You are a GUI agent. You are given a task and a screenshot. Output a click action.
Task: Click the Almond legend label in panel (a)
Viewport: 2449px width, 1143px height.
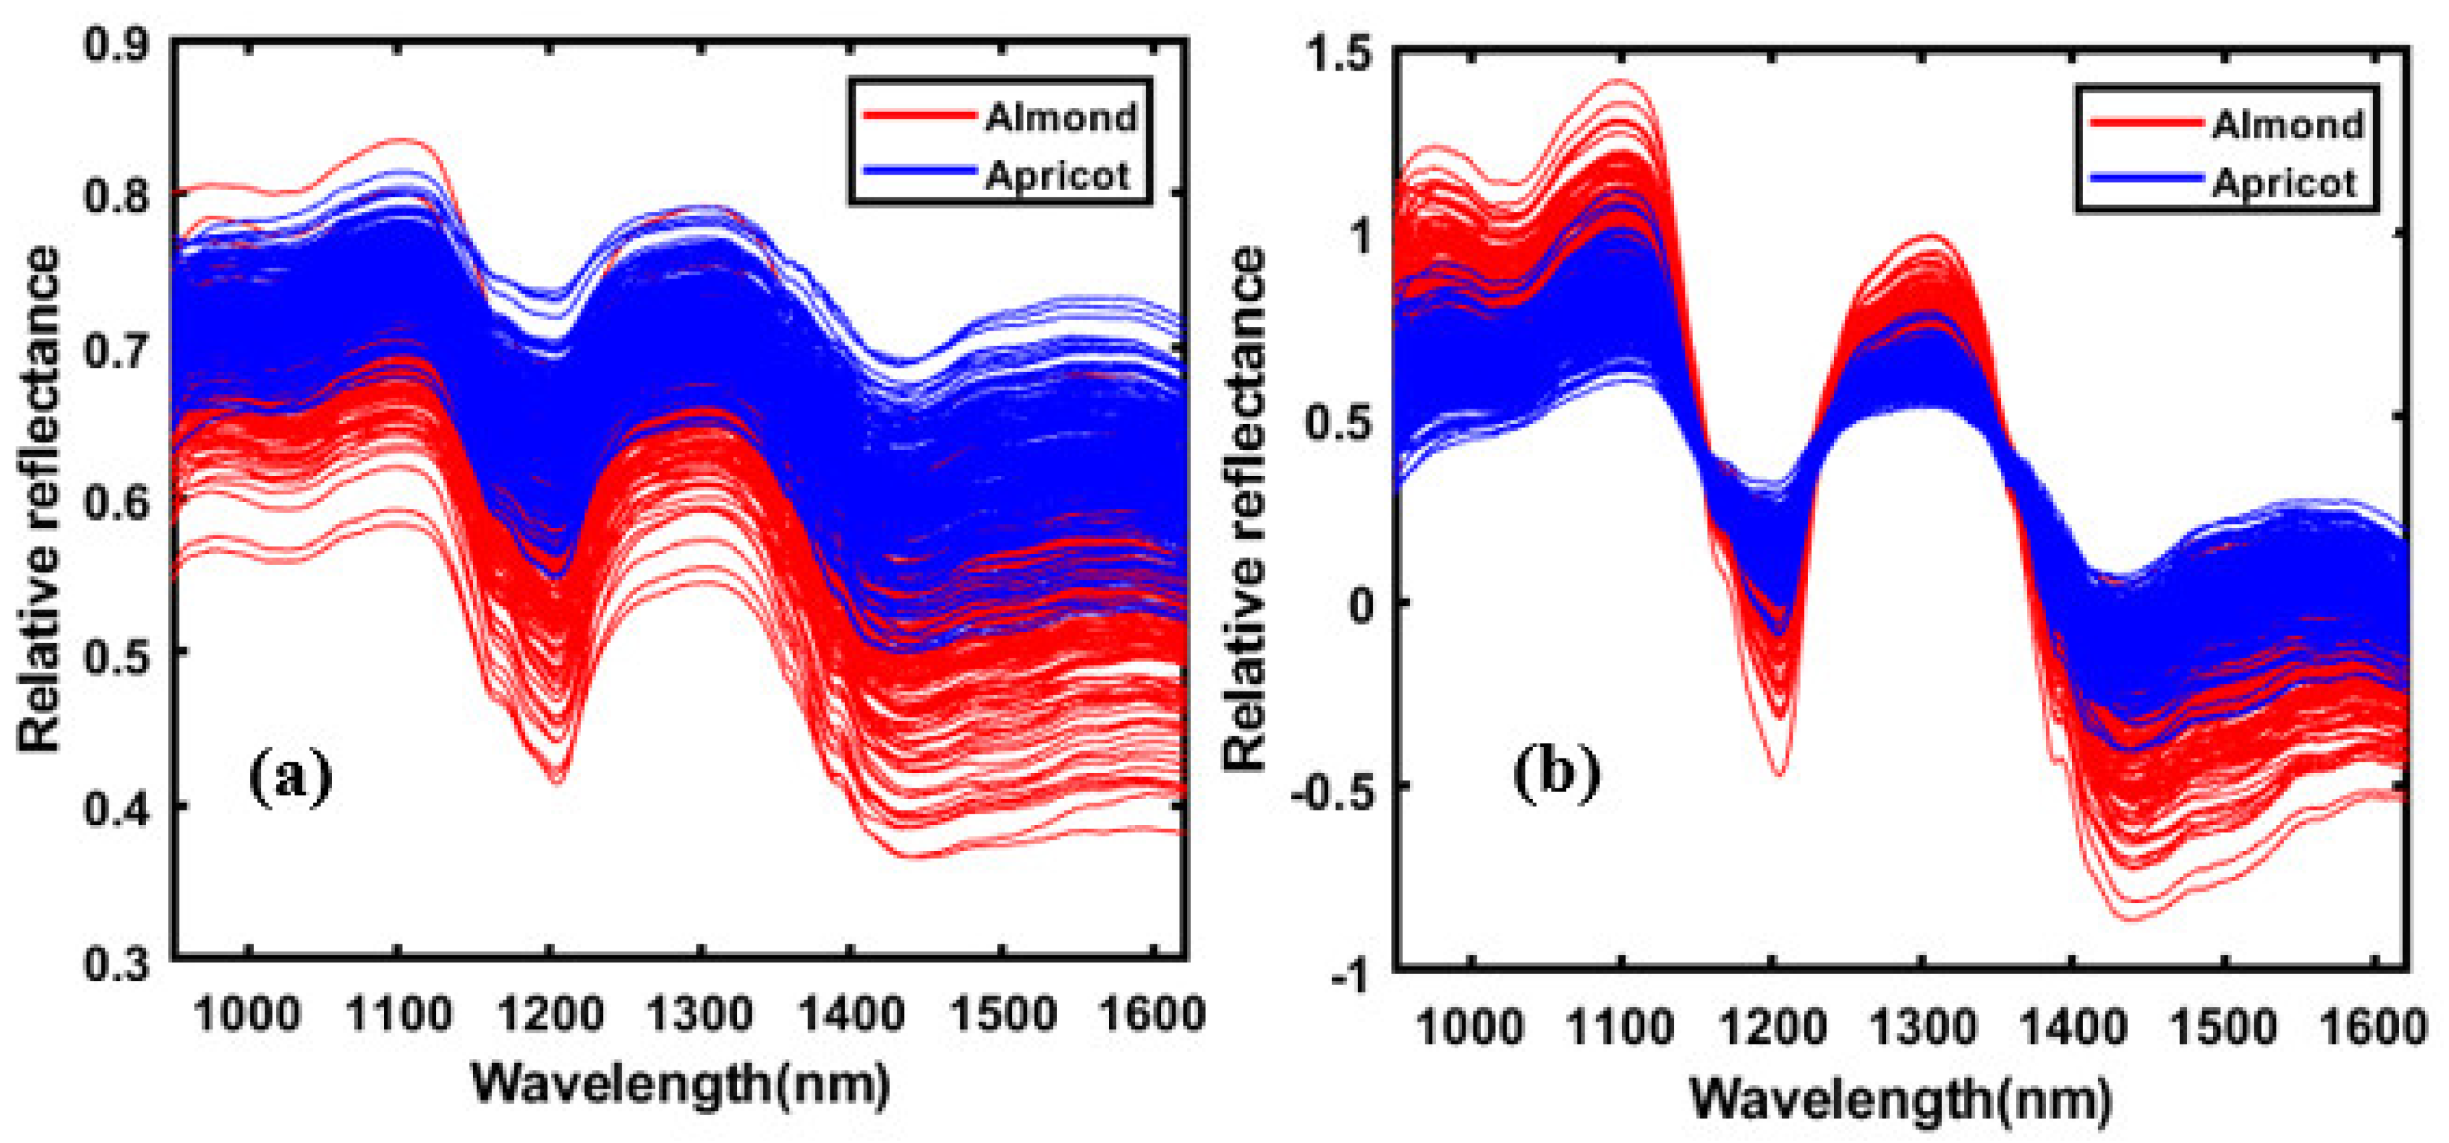pyautogui.click(x=1061, y=118)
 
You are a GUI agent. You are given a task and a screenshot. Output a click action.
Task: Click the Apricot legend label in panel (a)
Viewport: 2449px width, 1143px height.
pyautogui.click(x=1057, y=176)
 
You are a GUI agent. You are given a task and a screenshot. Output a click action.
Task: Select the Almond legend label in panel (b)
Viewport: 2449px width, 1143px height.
pyautogui.click(x=2287, y=125)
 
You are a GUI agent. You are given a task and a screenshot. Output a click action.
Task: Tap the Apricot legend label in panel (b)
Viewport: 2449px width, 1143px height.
pyautogui.click(x=2284, y=183)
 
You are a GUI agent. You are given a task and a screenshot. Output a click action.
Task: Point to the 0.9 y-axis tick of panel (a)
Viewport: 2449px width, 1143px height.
pyautogui.click(x=117, y=45)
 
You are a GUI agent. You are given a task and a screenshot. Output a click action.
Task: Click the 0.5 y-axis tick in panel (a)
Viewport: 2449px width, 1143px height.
pyautogui.click(x=117, y=652)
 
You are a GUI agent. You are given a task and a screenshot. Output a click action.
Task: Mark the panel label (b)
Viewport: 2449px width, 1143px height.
pyautogui.click(x=1556, y=772)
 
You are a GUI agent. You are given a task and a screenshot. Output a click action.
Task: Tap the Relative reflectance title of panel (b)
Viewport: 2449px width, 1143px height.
pyautogui.click(x=1245, y=509)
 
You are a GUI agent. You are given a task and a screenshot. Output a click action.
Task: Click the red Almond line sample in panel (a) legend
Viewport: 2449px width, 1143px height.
pyautogui.click(x=918, y=116)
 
